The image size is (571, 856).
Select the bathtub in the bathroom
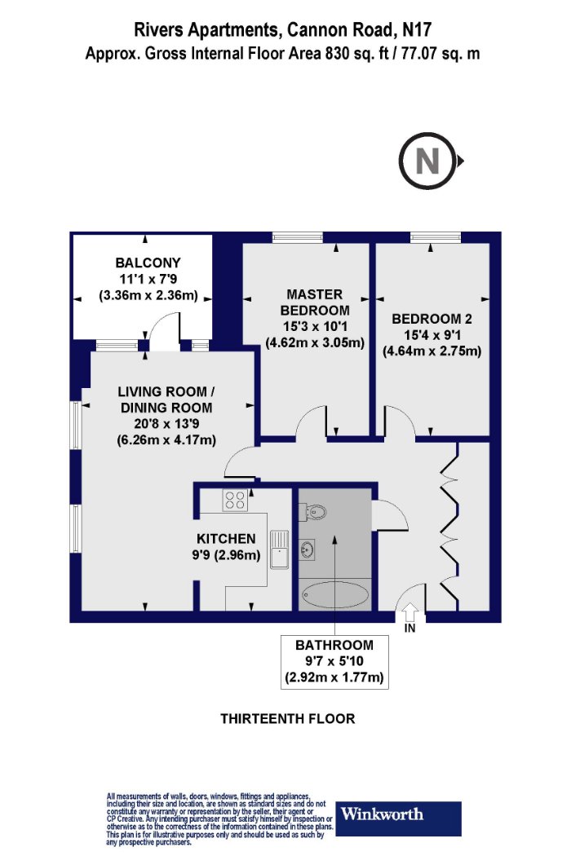pyautogui.click(x=335, y=595)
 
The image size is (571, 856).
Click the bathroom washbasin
pyautogui.click(x=307, y=549)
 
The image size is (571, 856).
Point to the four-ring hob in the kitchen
pyautogui.click(x=235, y=500)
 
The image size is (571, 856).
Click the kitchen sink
pyautogui.click(x=279, y=549)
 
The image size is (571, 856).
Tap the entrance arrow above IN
pyautogui.click(x=409, y=611)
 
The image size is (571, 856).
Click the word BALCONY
pyautogui.click(x=148, y=263)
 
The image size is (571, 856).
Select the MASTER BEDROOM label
pyautogui.click(x=315, y=302)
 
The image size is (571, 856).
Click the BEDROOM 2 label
pyautogui.click(x=432, y=319)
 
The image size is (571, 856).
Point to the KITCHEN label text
pyautogui.click(x=226, y=539)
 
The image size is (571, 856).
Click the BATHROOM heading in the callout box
pyautogui.click(x=334, y=645)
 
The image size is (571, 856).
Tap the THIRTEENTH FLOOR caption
pyautogui.click(x=288, y=718)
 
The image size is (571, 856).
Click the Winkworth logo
pyautogui.click(x=398, y=818)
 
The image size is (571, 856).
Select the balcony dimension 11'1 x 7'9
pyautogui.click(x=148, y=280)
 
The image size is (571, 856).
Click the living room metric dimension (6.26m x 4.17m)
pyautogui.click(x=166, y=439)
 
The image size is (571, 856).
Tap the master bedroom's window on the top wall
pyautogui.click(x=298, y=237)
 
